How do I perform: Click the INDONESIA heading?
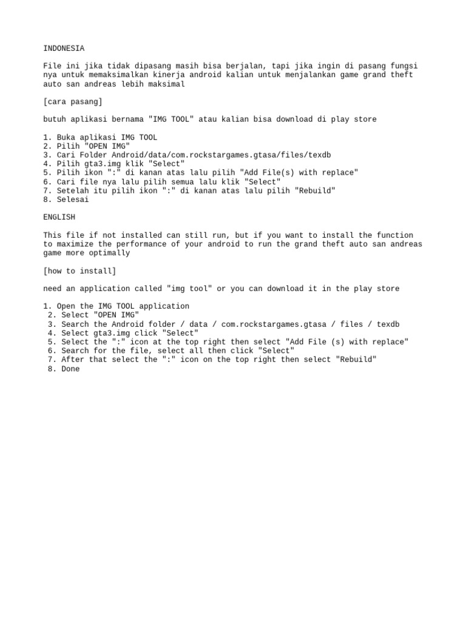pos(64,49)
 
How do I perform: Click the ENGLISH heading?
pos(59,217)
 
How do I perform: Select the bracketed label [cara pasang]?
pos(73,101)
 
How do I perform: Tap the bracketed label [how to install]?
pos(79,270)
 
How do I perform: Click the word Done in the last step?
pos(70,369)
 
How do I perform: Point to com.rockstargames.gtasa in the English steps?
pos(264,324)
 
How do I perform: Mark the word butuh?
pos(55,119)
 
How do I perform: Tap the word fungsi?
pos(403,66)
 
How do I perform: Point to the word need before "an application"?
pos(52,289)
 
